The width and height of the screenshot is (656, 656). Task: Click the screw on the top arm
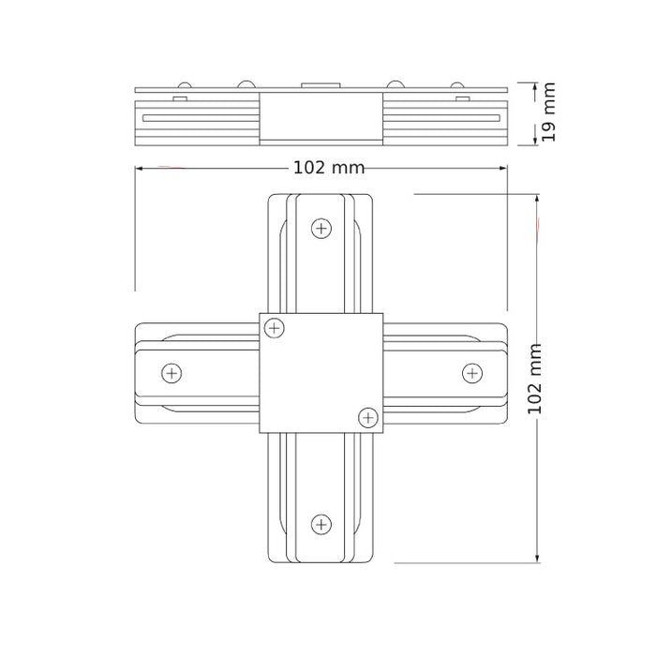tap(321, 229)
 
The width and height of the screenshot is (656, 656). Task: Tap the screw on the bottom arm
tap(321, 524)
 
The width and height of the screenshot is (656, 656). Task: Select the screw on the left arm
tap(171, 373)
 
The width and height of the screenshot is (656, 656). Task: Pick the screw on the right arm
tap(472, 373)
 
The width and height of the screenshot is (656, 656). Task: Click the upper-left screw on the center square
tap(275, 328)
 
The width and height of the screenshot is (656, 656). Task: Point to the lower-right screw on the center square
tap(368, 418)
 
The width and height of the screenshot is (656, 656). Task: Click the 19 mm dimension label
tap(548, 112)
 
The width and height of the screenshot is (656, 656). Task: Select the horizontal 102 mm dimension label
tap(329, 168)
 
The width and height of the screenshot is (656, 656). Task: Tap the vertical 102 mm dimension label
tap(534, 379)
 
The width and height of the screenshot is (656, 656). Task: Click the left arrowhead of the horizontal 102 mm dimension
tap(139, 168)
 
